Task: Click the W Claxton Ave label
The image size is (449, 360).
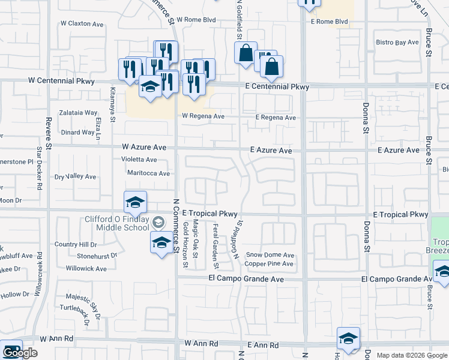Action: pos(83,24)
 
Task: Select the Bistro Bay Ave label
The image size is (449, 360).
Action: pos(397,43)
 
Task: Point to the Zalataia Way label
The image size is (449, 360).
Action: pos(78,113)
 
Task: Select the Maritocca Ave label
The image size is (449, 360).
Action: pos(148,173)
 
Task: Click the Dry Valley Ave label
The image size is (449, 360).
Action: pos(75,177)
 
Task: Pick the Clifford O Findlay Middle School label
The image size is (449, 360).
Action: pos(122,223)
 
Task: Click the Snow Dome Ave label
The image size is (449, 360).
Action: pos(274,255)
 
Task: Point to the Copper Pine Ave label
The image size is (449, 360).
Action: pos(269,264)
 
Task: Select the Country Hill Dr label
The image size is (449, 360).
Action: pos(75,245)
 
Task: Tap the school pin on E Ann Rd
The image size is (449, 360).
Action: pos(348,340)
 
